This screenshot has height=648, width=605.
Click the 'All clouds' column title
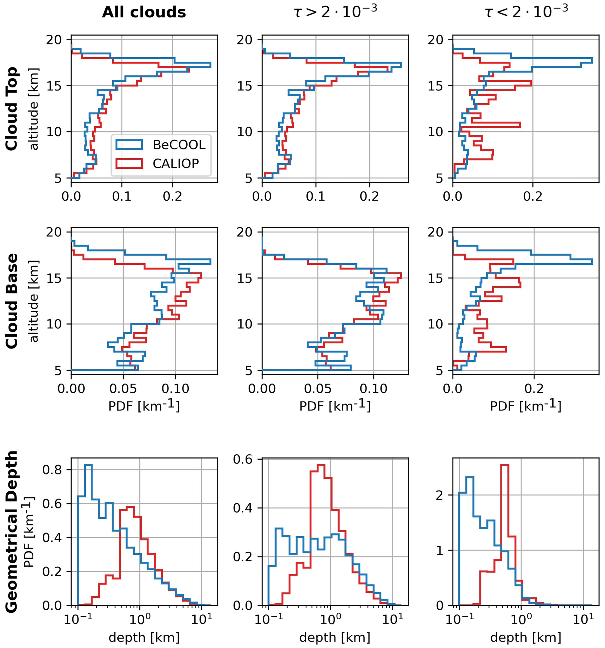144,12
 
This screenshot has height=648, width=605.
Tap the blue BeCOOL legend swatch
129,144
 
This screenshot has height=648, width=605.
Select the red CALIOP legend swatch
129,163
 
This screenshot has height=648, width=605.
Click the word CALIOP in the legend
176,163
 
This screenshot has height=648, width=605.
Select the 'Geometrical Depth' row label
12,532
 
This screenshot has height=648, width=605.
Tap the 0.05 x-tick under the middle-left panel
123,389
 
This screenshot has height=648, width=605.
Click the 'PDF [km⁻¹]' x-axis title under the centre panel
335,406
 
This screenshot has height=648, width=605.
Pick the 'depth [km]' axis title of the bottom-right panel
526,637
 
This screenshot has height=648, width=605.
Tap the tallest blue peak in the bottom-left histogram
88,465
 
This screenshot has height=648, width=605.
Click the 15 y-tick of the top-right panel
436,86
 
